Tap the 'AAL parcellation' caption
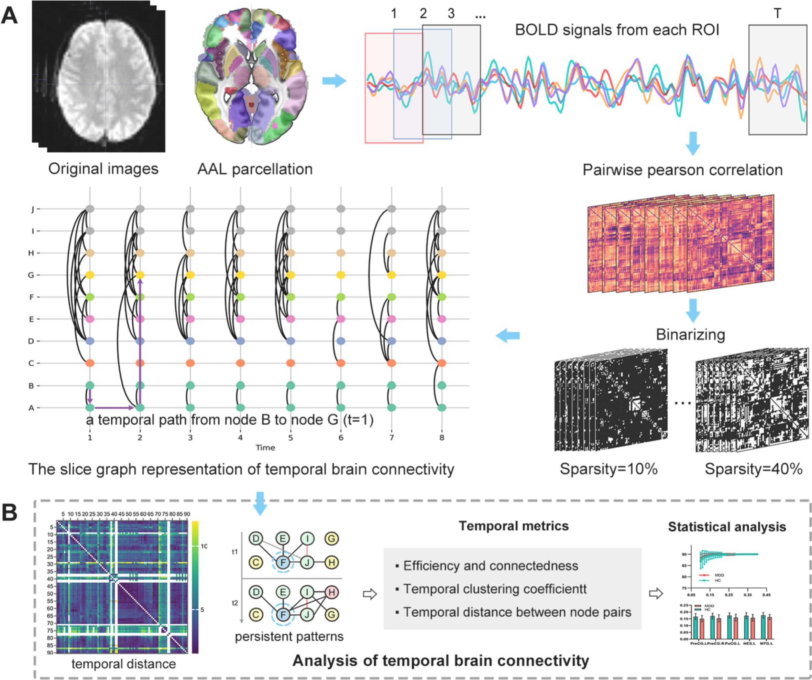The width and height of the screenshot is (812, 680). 255,169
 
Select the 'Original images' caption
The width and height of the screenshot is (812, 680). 103,169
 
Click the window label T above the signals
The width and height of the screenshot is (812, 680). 777,14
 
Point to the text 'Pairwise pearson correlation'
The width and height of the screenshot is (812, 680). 682,170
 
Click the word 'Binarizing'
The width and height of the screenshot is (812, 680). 690,335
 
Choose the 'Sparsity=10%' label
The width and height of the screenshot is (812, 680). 608,469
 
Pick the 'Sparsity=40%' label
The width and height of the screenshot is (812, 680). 754,469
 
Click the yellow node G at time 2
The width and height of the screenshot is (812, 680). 140,275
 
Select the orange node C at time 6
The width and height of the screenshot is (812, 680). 341,363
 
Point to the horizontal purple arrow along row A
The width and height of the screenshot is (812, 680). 114,408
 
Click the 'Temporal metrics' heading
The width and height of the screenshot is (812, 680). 514,526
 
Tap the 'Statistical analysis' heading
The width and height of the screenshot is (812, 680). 727,527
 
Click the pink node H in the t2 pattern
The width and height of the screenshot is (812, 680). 332,592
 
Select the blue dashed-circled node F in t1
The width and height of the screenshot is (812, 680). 283,562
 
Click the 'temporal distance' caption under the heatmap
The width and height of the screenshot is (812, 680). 124,664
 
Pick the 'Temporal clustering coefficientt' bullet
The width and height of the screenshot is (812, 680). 495,589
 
